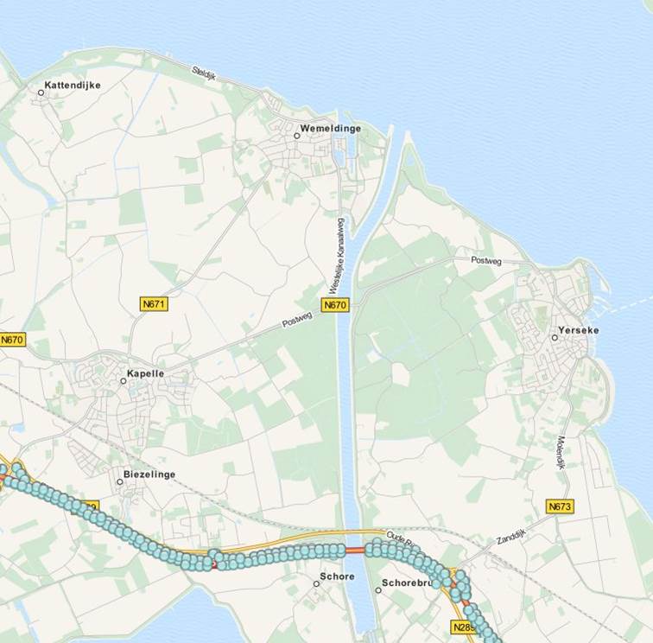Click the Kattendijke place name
coord(73,86)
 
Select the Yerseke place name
coord(579,330)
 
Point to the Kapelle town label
coord(145,373)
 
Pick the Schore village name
coord(337,576)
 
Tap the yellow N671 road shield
coord(154,303)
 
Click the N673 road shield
coord(560,506)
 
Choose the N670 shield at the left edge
coord(12,340)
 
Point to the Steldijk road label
coord(208,74)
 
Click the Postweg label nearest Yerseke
coord(485,259)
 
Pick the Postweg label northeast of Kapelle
coord(296,323)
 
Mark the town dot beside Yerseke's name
coord(555,338)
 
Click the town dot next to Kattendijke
coord(41,91)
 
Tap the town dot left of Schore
coord(316,583)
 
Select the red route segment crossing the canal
coord(354,550)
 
